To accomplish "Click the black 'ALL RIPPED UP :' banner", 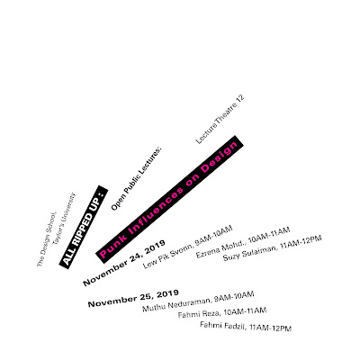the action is tap(84, 227).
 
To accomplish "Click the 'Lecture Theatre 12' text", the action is tap(220, 120).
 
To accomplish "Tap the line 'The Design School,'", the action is tap(47, 239).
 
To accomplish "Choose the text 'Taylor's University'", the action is tap(64, 220).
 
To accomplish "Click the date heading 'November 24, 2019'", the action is tap(124, 263).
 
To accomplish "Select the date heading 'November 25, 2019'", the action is tap(133, 298).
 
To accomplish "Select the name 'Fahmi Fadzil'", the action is tap(223, 326).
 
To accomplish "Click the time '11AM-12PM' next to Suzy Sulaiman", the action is tap(301, 242).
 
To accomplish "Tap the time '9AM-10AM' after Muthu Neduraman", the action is tap(234, 297).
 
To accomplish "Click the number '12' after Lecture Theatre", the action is tap(240, 100).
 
